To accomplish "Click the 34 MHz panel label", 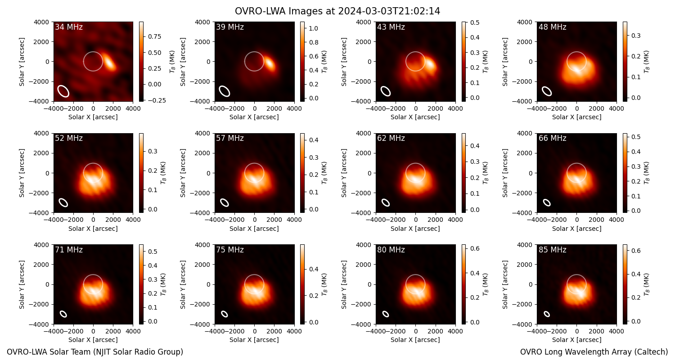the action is pos(69,27).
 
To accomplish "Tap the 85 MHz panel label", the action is pos(552,250).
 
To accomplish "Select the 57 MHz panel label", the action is pos(230,138).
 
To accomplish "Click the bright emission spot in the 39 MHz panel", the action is pos(269,64).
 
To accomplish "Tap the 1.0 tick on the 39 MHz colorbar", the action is pos(314,29).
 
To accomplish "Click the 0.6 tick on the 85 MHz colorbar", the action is pos(636,251).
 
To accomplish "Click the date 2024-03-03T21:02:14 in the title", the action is pos(389,11).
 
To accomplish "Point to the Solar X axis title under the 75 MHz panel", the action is pos(254,340).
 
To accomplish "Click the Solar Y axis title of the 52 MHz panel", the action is pos(22,173).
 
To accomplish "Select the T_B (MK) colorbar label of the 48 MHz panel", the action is pos(646,62).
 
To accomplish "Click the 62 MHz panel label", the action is pos(391,138).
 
